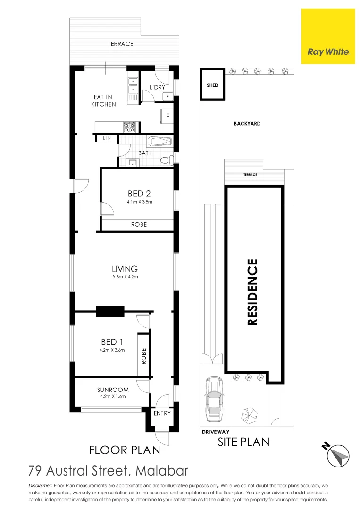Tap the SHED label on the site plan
[212, 85]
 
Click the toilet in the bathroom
[166, 161]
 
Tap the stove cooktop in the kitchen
[130, 127]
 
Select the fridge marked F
[167, 116]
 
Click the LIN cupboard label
[107, 138]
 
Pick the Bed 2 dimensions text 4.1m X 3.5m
[139, 202]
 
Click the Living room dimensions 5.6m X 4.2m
[125, 277]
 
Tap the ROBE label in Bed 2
[139, 225]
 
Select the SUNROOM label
[113, 390]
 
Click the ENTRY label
[162, 413]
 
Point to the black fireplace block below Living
[110, 311]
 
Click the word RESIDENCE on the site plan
[253, 292]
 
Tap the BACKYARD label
[247, 124]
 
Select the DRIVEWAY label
[216, 432]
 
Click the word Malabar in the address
[162, 470]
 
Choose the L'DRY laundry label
[157, 88]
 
